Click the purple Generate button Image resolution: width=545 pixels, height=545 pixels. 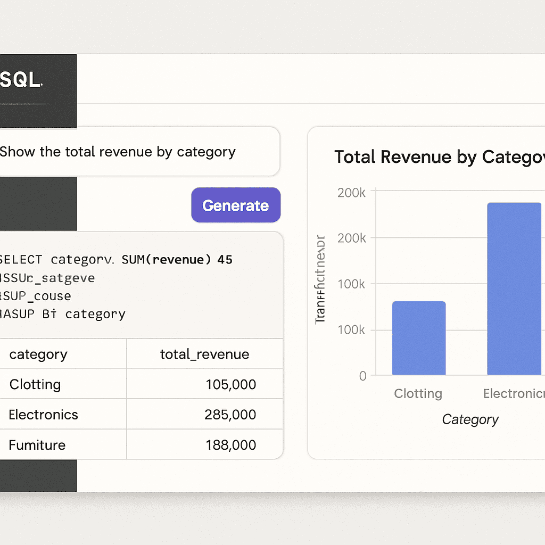[236, 205]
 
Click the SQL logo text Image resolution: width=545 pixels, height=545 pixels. [21, 80]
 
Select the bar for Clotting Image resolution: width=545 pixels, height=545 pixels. [419, 338]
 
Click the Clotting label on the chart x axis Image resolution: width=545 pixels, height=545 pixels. [418, 394]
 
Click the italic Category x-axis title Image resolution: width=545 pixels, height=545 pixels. [470, 420]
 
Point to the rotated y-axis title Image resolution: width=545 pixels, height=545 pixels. [320, 279]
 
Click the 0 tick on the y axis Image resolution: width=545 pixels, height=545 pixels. [362, 376]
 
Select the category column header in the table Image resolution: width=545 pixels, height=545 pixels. [38, 354]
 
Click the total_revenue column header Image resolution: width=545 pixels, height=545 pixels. [204, 354]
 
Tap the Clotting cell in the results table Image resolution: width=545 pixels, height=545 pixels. [35, 384]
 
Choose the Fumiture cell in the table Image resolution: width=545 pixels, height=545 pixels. [37, 445]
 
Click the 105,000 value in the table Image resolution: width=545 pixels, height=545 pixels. [230, 384]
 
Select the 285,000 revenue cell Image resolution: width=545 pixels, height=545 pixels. [230, 415]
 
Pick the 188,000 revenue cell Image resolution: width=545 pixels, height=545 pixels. [230, 445]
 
